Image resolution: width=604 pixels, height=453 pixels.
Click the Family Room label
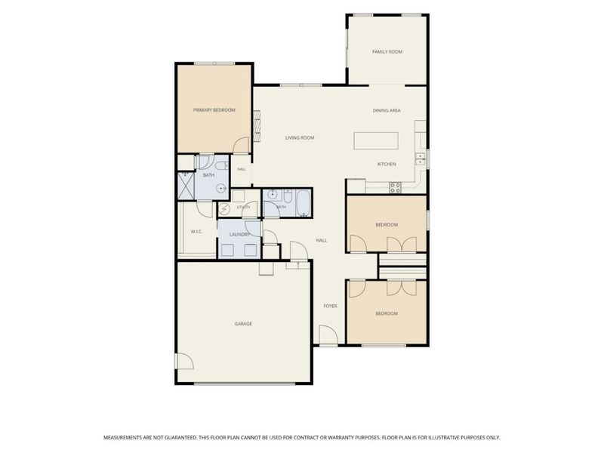pos(387,51)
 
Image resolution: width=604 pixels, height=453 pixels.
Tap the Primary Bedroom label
pos(214,110)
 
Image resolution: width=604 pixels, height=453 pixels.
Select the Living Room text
pos(300,137)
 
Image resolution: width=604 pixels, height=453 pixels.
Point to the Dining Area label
pos(387,110)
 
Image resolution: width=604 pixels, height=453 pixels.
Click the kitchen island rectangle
pos(376,140)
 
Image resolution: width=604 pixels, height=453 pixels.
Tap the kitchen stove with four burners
pos(395,187)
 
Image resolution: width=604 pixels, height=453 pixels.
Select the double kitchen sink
pos(420,159)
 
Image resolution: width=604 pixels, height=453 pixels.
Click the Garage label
pos(243,324)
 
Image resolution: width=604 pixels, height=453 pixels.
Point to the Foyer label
pos(330,306)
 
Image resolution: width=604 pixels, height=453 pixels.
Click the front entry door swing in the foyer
pos(328,334)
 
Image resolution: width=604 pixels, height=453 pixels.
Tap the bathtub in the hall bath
pos(304,203)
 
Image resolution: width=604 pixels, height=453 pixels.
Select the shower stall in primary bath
pos(186,186)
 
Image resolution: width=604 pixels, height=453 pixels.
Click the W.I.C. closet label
pos(197,232)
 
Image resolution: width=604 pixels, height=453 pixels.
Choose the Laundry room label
pos(240,235)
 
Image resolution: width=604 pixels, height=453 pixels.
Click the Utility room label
pos(243,207)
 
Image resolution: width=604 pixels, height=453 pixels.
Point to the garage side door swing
pos(185,362)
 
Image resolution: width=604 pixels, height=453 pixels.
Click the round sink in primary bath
pos(221,189)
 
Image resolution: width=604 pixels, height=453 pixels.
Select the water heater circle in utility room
pos(223,210)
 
